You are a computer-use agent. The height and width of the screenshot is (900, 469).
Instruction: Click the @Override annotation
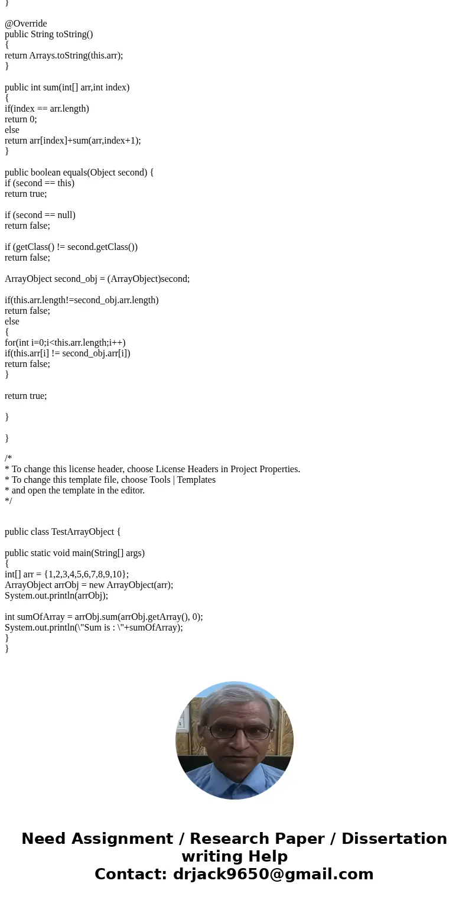tap(26, 24)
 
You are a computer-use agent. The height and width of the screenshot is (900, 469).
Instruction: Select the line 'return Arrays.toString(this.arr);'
tap(64, 56)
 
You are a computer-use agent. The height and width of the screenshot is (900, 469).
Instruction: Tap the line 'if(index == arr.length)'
tap(47, 109)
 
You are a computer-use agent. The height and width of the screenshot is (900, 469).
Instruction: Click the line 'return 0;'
tap(21, 119)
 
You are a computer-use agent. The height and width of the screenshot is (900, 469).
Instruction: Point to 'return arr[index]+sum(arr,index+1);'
tap(73, 141)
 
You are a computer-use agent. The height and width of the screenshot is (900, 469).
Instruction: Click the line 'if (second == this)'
tap(40, 183)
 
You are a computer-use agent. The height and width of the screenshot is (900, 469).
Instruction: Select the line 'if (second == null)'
tap(40, 215)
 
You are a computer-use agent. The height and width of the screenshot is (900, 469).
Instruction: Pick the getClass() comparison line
tap(71, 247)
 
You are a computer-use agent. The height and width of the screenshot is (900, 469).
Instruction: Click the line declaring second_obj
tap(97, 279)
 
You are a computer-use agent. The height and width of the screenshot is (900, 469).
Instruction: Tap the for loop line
tap(65, 343)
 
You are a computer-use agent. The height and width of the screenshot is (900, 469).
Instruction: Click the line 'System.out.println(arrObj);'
tap(57, 596)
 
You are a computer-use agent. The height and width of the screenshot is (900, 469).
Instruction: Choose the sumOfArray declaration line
tap(103, 617)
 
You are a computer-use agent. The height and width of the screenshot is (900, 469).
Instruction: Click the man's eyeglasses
tap(238, 733)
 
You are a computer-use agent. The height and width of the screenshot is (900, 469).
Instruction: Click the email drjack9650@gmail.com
tap(273, 875)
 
